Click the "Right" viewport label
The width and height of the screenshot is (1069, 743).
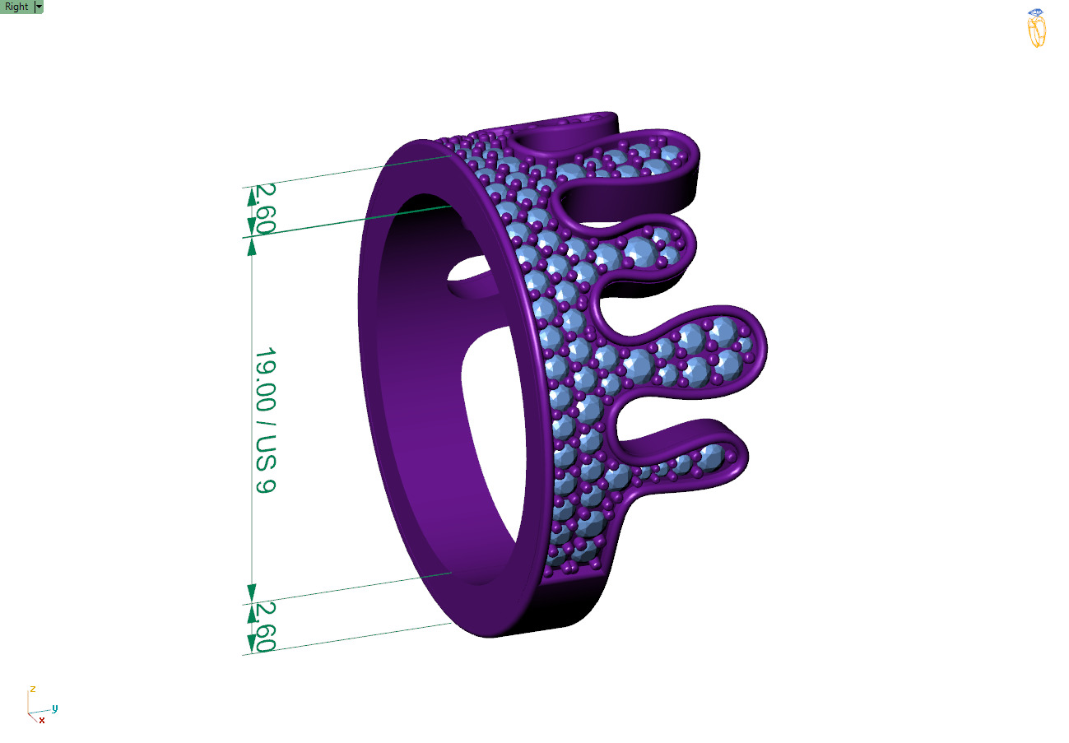[16, 7]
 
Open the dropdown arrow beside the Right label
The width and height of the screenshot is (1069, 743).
[39, 7]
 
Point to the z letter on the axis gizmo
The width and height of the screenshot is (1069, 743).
[32, 688]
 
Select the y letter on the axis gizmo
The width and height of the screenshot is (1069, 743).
[54, 708]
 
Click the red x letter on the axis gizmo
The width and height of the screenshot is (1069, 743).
[42, 720]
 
